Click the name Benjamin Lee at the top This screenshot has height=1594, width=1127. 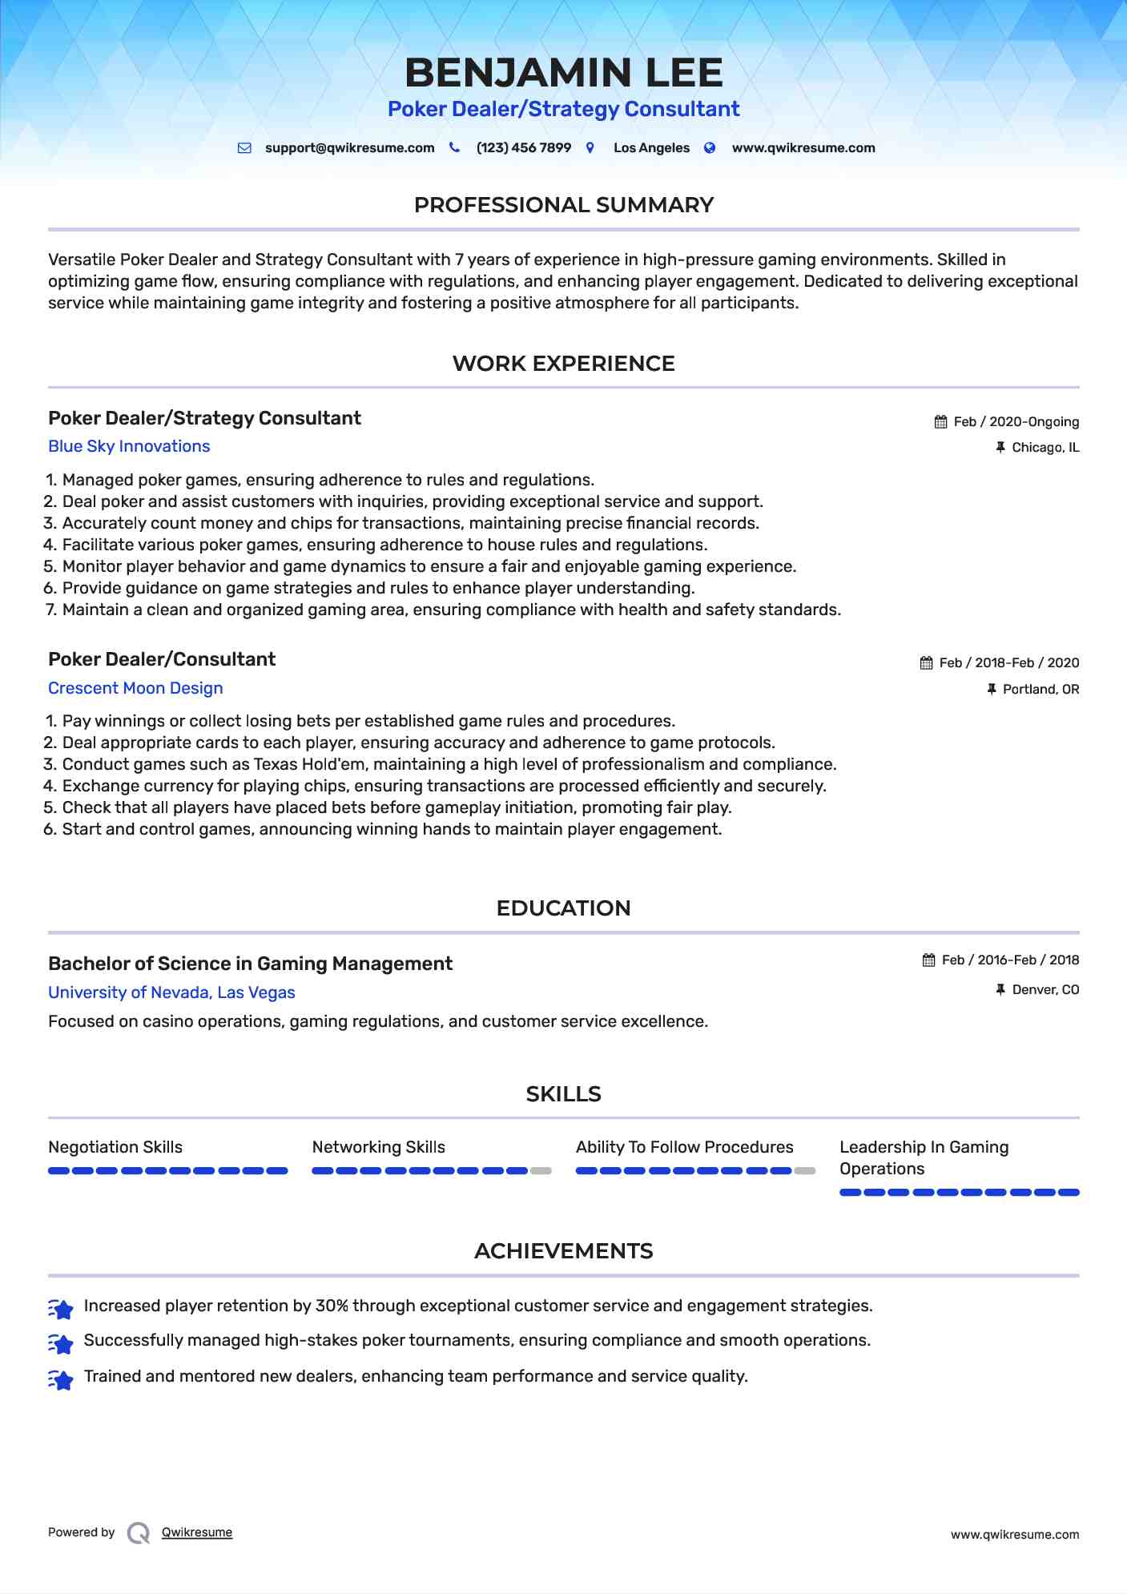563,73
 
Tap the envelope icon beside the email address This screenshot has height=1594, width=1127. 244,148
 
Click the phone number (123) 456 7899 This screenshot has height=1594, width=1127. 523,148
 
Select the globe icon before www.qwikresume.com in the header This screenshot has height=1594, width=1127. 710,148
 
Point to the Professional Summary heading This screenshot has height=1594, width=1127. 563,205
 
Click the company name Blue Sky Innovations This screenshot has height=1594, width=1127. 129,447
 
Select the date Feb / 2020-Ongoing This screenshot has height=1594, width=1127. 1016,422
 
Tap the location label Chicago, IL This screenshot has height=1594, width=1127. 1044,448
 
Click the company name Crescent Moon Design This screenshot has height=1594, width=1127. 135,688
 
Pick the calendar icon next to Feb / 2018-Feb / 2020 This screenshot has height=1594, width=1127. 926,663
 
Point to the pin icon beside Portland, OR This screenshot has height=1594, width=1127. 992,689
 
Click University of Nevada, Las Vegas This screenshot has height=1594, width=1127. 171,992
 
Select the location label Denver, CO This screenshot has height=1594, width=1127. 1045,990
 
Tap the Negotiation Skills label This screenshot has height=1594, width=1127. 115,1147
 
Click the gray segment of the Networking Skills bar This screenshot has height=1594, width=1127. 541,1171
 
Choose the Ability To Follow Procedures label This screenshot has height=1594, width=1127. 684,1147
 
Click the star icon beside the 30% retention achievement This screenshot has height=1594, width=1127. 61,1308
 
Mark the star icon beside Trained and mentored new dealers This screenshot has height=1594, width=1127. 61,1379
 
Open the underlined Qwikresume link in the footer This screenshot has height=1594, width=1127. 197,1532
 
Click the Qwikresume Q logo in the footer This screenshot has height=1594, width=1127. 139,1532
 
